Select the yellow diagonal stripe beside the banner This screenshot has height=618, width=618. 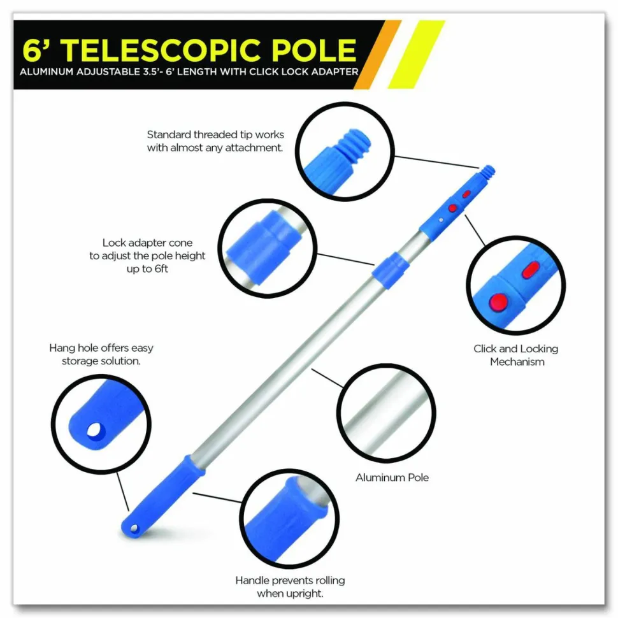416,54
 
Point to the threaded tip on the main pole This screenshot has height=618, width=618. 489,171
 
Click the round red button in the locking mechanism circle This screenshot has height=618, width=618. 499,303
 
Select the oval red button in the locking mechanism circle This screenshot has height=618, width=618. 530,270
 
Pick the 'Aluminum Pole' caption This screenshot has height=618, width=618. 392,478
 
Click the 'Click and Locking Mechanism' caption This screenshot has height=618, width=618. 516,355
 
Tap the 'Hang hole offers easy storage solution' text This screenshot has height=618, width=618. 101,354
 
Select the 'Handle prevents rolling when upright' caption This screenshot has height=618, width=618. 290,587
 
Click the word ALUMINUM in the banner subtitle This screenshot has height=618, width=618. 47,72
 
